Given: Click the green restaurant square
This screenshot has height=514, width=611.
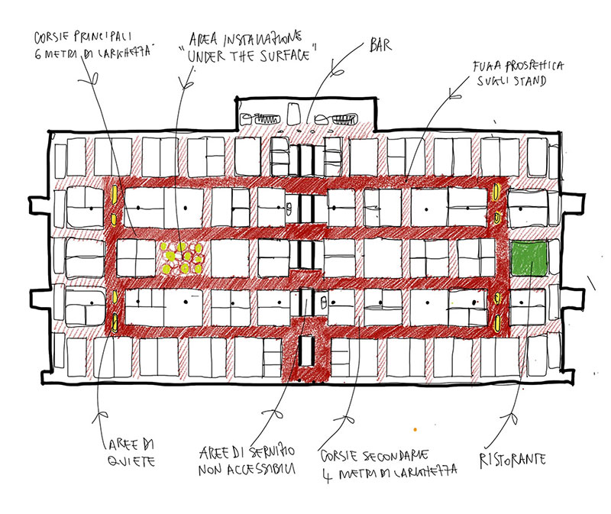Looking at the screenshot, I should click(x=530, y=258).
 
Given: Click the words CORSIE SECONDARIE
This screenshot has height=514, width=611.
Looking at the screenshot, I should click(x=377, y=454).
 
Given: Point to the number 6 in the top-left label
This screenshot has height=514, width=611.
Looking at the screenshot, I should click(x=39, y=53).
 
